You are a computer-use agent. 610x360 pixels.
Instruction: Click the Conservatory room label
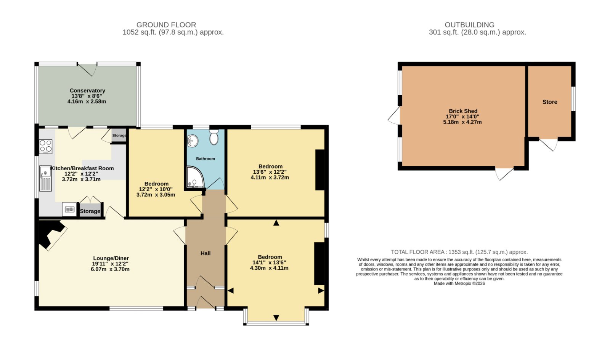tap(87, 91)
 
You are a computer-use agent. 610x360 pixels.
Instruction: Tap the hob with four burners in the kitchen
tap(45, 146)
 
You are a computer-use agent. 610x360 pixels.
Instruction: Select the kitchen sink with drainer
tap(45, 178)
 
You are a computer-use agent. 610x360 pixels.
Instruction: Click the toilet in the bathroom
tap(214, 137)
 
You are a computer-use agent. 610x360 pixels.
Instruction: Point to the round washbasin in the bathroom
tap(193, 141)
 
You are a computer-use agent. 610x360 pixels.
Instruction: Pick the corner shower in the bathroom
tap(195, 177)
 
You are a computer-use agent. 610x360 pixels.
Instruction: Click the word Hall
tap(205, 253)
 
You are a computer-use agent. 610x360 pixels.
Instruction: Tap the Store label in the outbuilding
tap(550, 102)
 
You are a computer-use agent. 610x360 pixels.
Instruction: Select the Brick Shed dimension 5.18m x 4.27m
tap(462, 122)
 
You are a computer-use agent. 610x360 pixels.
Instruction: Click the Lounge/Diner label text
tap(111, 258)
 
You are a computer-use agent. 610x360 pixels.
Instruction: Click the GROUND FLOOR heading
tap(166, 25)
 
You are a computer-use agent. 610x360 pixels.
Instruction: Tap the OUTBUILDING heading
tap(469, 25)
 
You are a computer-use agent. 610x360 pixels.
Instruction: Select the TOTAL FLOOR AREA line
tap(459, 252)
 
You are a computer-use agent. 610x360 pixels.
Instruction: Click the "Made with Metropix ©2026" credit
tap(459, 283)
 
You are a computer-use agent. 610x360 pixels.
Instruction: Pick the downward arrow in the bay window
tap(276, 318)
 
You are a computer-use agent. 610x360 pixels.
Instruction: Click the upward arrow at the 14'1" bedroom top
tap(276, 223)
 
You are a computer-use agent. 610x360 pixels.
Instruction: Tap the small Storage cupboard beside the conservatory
tap(119, 135)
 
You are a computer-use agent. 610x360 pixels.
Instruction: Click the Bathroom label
tap(205, 158)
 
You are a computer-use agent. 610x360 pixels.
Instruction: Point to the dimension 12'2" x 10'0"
tap(156, 189)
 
